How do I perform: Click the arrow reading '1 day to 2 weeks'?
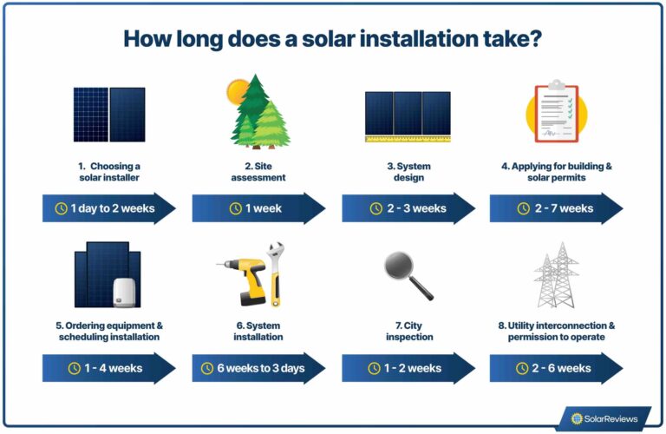(x=108, y=208)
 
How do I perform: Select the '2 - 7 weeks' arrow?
(x=556, y=208)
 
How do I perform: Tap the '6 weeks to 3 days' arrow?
(x=258, y=368)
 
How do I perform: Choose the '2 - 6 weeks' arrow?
(x=556, y=368)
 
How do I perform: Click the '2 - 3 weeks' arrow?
(x=408, y=208)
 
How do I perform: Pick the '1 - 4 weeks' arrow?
(x=108, y=368)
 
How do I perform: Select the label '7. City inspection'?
(x=408, y=332)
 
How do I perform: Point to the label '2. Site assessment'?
(x=258, y=172)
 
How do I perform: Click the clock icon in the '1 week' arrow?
(x=235, y=208)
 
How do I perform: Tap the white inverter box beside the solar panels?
(x=125, y=292)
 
